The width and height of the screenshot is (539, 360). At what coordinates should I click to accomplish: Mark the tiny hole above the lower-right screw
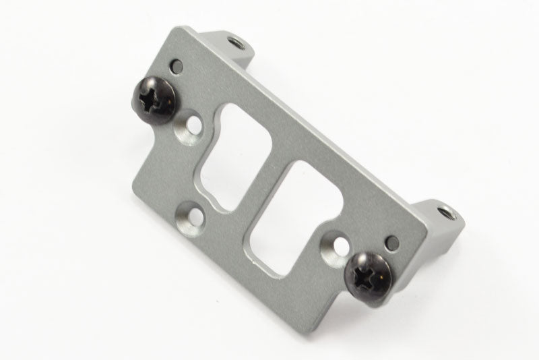click(389, 240)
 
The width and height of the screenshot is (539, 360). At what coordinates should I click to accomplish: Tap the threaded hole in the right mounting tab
click(444, 215)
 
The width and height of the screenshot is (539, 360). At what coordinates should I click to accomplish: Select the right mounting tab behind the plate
click(438, 216)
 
